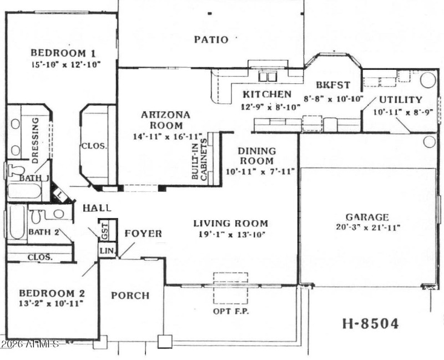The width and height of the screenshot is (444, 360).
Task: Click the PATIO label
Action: [x=211, y=39]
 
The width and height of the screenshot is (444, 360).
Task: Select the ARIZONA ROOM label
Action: [x=165, y=120]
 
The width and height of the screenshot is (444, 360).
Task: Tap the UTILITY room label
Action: [x=400, y=100]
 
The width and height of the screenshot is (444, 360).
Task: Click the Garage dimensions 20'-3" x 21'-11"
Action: [x=367, y=227]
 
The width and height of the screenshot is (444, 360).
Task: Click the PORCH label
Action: [x=130, y=296]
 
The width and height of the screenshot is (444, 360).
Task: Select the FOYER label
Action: [x=143, y=234]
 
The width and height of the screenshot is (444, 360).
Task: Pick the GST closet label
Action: [x=104, y=231]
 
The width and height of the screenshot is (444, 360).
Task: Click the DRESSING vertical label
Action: [x=34, y=139]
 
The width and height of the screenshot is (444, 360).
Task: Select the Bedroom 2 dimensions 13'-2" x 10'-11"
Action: [x=51, y=303]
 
